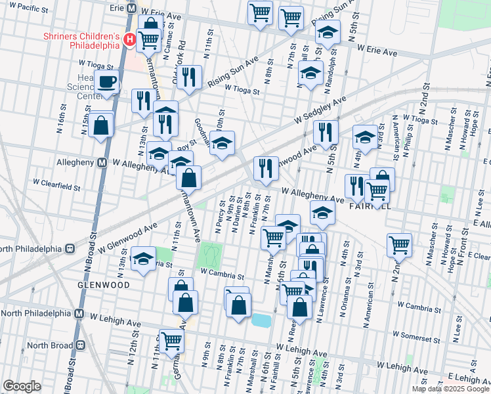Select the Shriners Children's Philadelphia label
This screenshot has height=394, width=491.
tap(82, 41)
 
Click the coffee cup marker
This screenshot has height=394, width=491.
tap(108, 83)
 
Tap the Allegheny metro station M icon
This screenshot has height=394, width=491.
tap(102, 162)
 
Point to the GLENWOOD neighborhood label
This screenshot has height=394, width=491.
tap(102, 285)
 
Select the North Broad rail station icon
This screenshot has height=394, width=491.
tap(81, 345)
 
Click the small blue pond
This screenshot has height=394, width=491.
tap(261, 320)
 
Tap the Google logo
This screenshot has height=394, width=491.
tap(22, 386)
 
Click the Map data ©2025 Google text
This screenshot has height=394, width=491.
tap(451, 389)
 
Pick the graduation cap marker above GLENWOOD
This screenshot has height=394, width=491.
tap(142, 259)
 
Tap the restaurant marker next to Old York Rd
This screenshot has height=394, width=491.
tap(188, 77)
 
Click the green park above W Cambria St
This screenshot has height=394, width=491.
tap(209, 253)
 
